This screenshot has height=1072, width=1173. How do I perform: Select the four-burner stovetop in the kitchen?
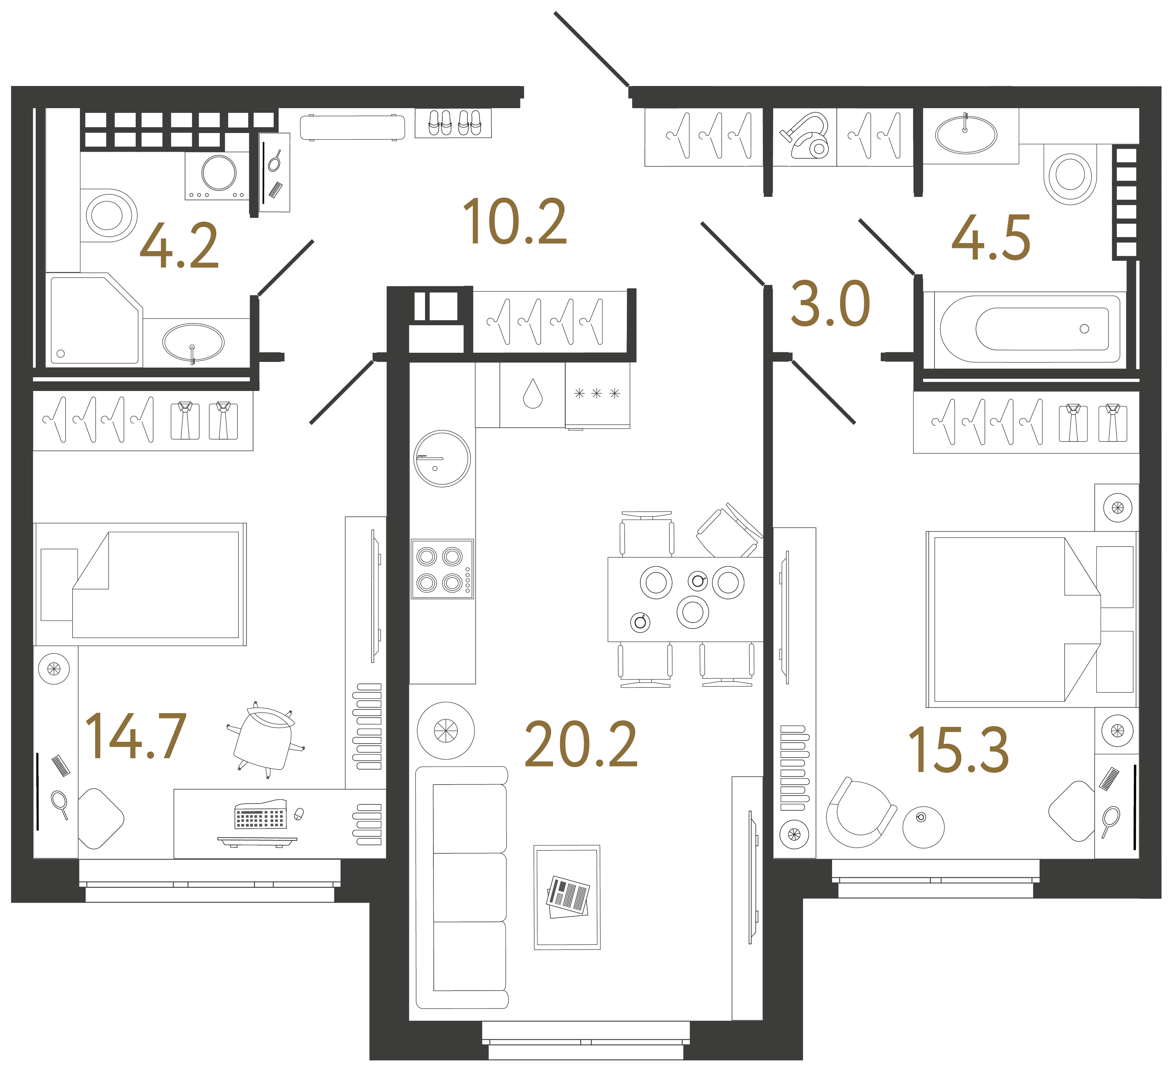[442, 569]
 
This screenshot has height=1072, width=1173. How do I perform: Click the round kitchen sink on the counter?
[442, 458]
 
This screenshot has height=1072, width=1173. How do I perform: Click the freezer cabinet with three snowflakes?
[597, 394]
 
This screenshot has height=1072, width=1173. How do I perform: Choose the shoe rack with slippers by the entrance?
[453, 123]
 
